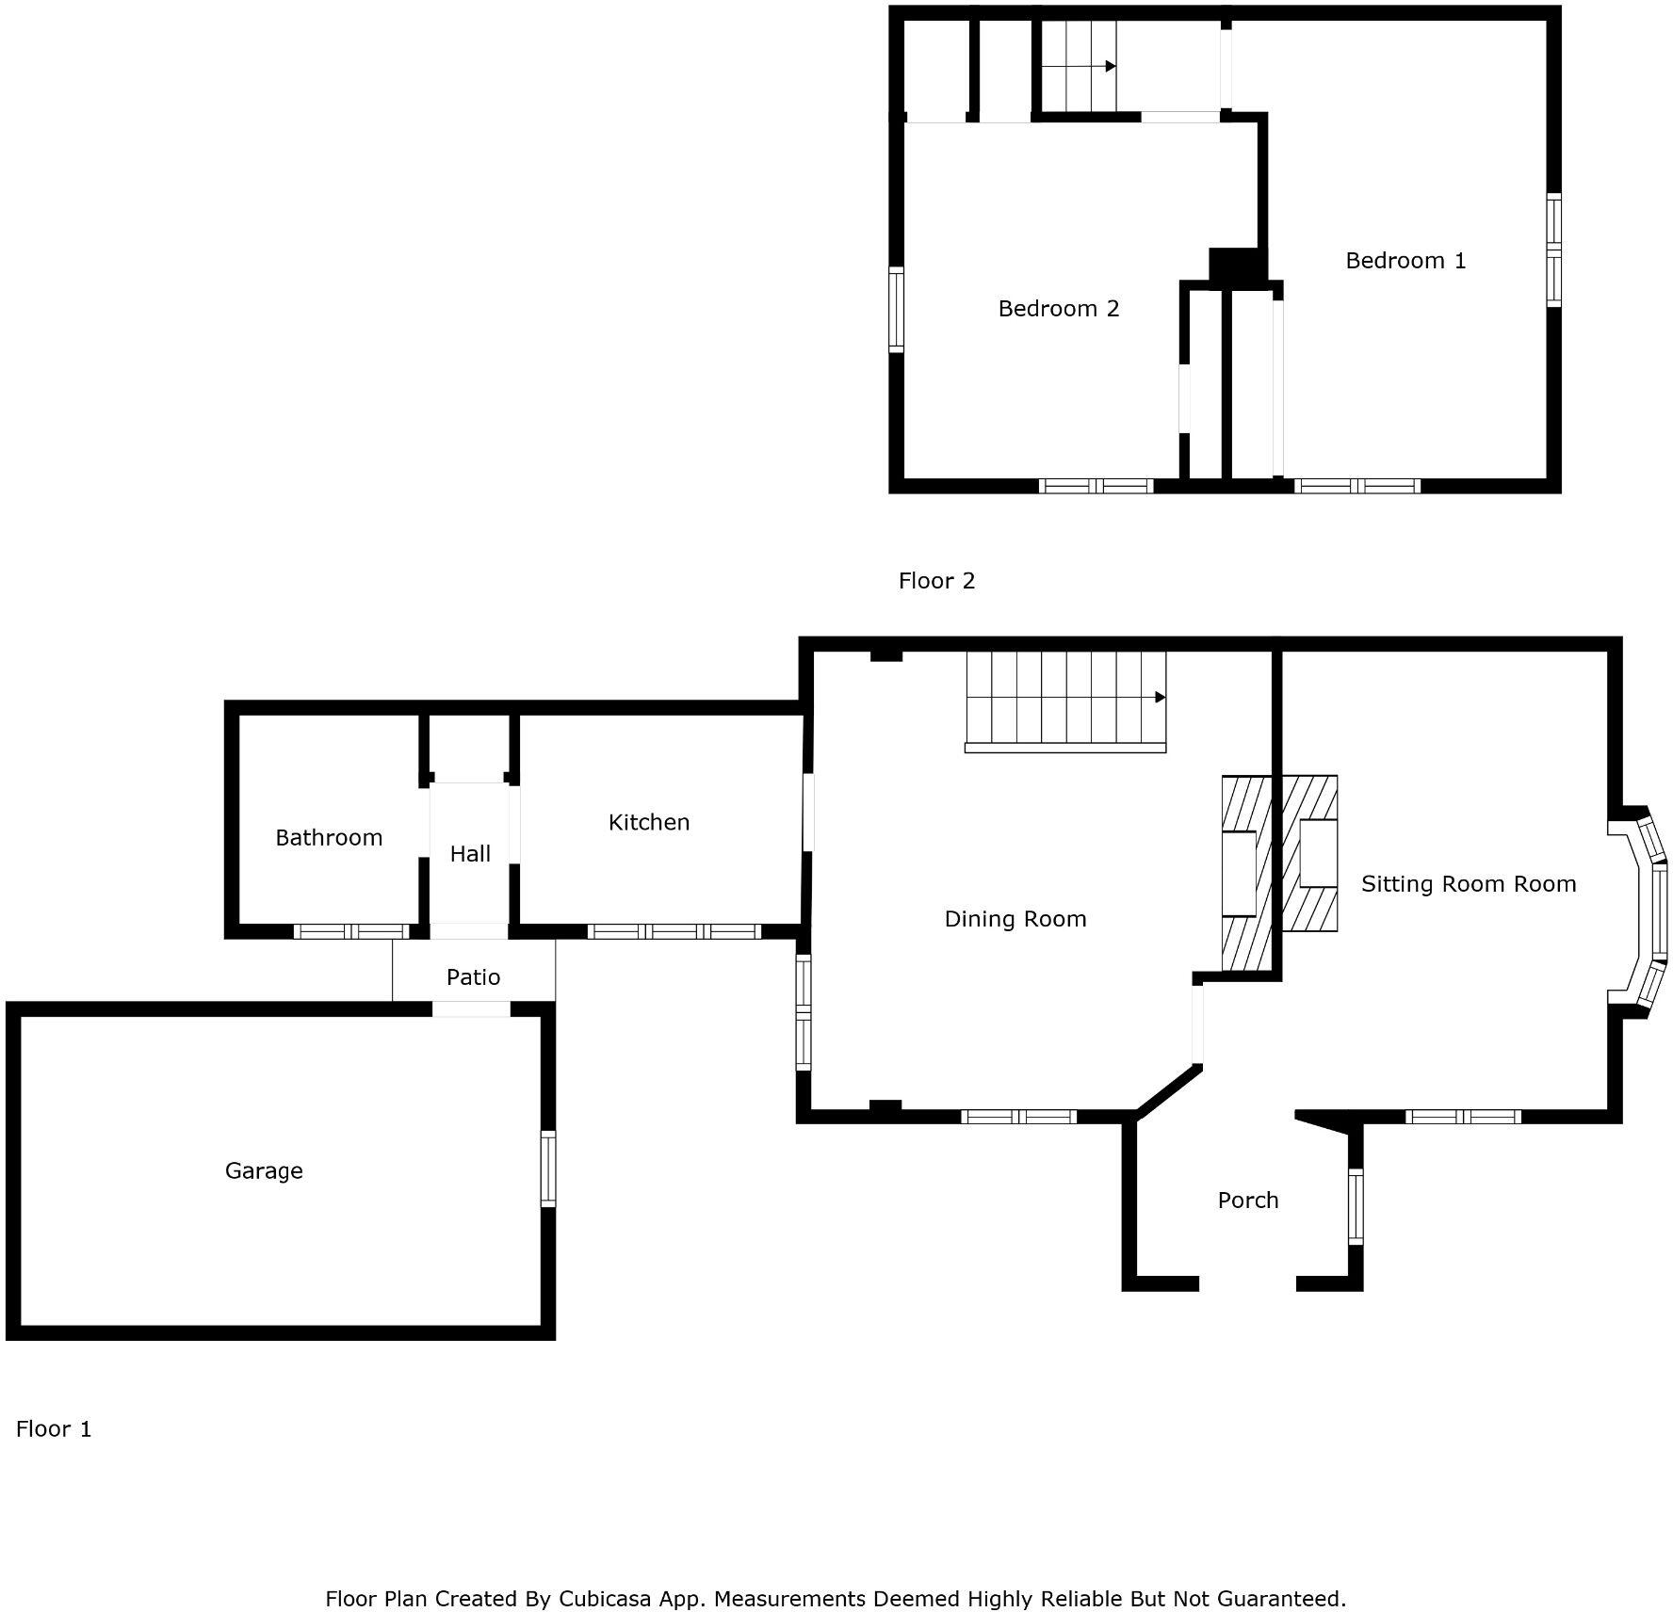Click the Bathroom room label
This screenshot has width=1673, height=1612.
pos(329,837)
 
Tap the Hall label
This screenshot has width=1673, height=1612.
pos(470,853)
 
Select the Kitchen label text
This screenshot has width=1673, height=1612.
pos(649,822)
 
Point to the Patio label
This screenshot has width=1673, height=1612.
pos(473,976)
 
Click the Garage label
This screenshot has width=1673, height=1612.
pos(264,1170)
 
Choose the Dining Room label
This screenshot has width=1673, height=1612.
pos(1015,918)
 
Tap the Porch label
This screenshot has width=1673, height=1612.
pos(1248,1200)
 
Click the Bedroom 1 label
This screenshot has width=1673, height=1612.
pos(1405,260)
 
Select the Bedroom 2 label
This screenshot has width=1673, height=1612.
pos(1059,308)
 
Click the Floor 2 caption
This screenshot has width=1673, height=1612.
pos(936,580)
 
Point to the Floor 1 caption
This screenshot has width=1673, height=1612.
pos(54,1428)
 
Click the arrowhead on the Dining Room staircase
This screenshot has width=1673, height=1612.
pos(1161,698)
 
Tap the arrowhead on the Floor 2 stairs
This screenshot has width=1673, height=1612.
pos(1111,66)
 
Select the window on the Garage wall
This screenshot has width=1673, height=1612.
pos(548,1169)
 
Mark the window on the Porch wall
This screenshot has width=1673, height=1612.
pos(1356,1206)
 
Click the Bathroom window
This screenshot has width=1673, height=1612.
pos(351,931)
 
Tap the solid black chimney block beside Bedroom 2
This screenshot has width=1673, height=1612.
pos(1234,266)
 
